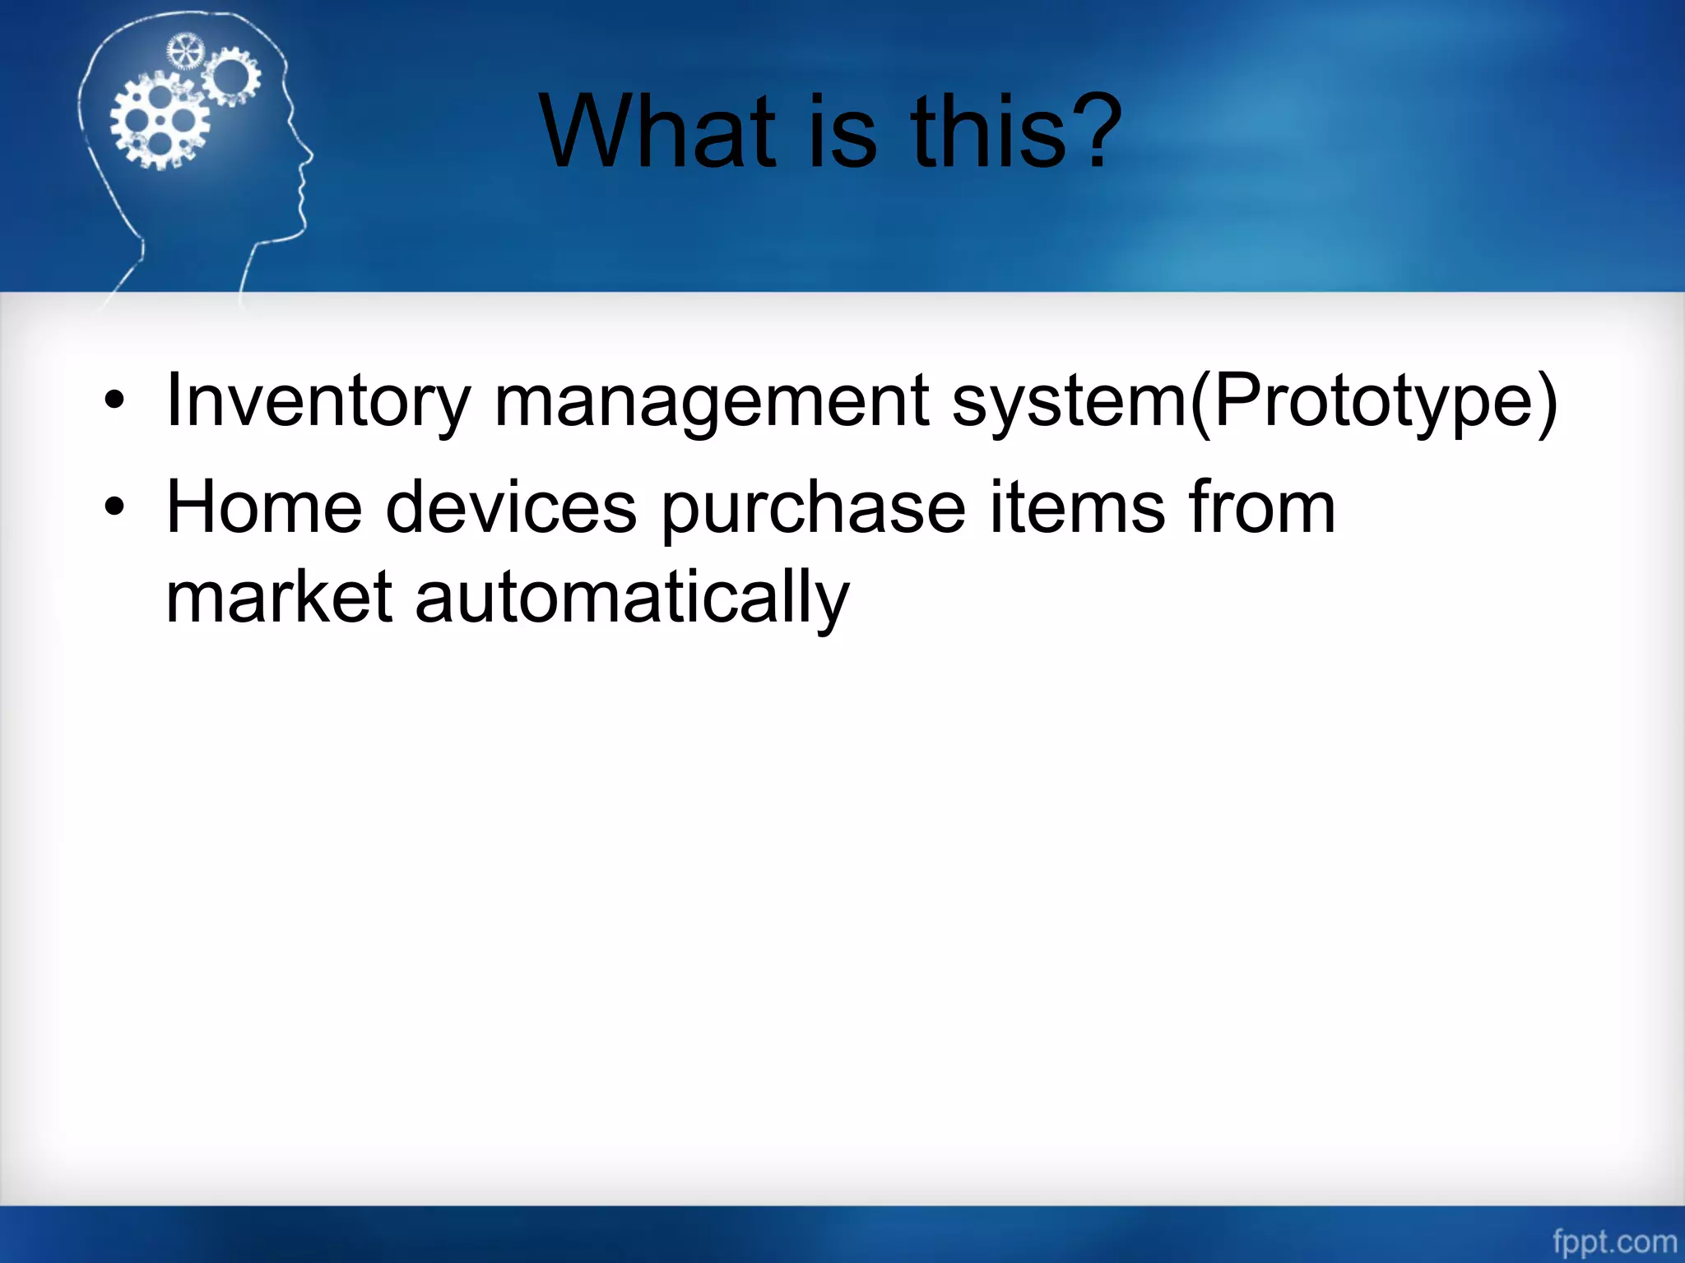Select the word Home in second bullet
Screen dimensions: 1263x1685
coord(263,508)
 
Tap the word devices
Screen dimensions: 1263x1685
coord(510,508)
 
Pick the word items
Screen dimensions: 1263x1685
coord(1076,508)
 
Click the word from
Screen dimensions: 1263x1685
coord(1262,508)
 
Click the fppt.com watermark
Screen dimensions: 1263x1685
coord(1614,1241)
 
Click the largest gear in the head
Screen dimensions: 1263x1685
coord(160,122)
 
